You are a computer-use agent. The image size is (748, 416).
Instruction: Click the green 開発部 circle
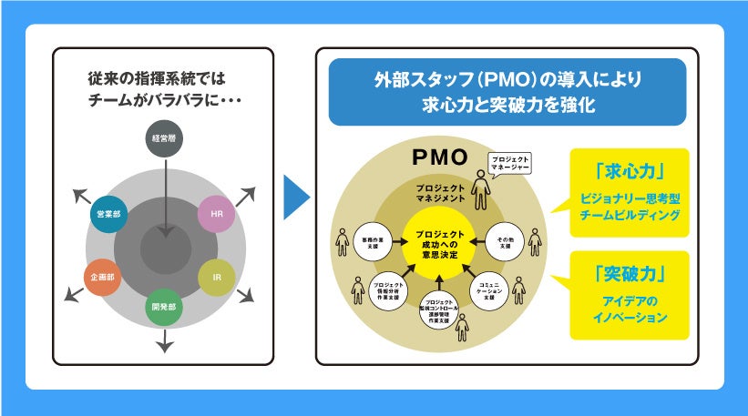pos(165,308)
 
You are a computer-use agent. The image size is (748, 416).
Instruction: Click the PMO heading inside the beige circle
pos(439,157)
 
